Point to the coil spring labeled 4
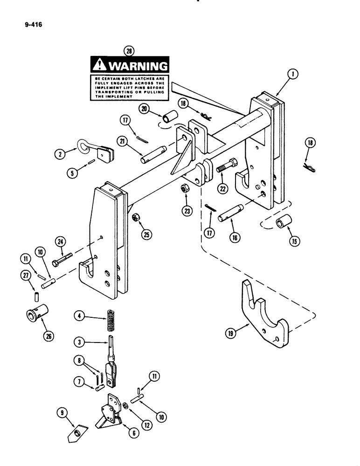(x=111, y=321)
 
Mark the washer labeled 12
(x=125, y=407)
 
